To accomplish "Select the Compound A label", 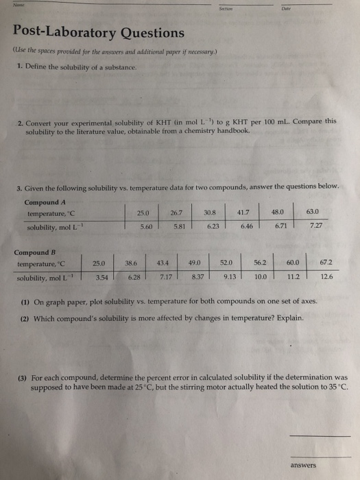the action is click(47, 202).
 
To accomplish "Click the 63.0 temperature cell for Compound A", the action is click(311, 213).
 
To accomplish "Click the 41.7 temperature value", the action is click(244, 213).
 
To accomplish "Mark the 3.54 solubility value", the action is click(101, 276).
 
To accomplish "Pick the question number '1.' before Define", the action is click(20, 67).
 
